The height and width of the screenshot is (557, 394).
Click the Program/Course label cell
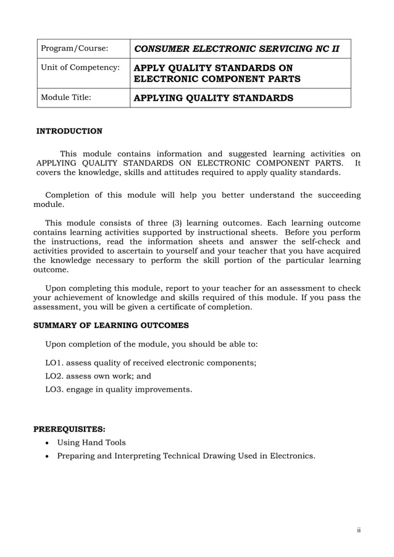(x=74, y=48)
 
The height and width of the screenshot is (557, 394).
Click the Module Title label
(x=65, y=98)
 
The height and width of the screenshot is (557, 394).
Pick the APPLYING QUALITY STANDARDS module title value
(x=214, y=98)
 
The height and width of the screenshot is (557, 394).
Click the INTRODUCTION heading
(x=69, y=131)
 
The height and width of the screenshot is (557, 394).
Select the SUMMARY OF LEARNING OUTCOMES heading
(x=111, y=325)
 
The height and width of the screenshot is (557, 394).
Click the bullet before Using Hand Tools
(x=47, y=443)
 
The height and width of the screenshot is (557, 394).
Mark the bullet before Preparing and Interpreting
(x=47, y=456)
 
